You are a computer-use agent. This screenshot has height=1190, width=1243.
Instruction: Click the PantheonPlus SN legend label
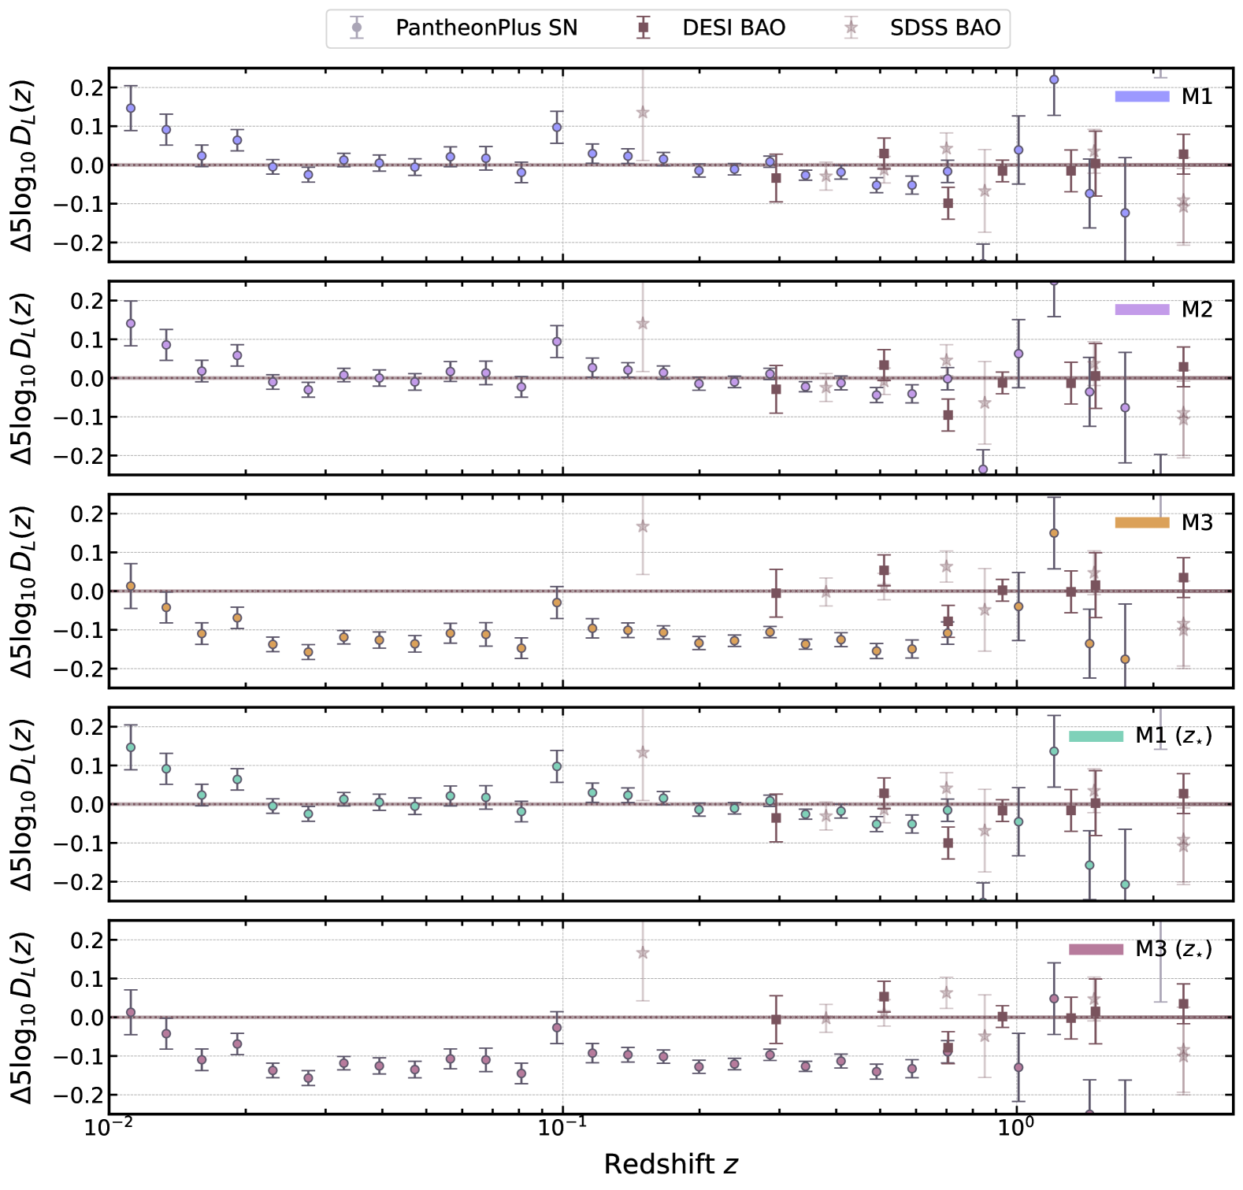tap(486, 28)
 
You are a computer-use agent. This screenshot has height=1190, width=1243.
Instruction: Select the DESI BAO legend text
tap(733, 28)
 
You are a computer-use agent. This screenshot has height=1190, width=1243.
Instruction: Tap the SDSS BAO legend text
tap(944, 28)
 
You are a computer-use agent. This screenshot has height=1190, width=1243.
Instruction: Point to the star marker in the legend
tap(851, 28)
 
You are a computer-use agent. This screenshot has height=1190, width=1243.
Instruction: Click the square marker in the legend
tap(643, 28)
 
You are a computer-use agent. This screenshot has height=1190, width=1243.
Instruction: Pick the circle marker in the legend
tap(356, 28)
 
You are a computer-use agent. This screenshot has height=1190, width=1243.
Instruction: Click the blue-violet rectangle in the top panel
tap(1141, 97)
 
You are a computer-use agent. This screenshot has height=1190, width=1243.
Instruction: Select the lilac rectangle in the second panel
tap(1141, 310)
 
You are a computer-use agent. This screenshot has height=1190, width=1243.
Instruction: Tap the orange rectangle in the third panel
tap(1141, 522)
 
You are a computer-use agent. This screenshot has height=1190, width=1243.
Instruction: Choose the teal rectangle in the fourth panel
tap(1096, 736)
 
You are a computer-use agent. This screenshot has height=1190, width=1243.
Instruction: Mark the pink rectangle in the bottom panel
tap(1096, 949)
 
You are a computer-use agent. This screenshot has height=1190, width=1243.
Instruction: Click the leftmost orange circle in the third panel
tap(131, 586)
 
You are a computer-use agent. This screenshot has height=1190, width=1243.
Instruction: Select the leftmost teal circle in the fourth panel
tap(131, 747)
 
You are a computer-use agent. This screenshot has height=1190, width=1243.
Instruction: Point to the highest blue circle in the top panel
tap(1054, 80)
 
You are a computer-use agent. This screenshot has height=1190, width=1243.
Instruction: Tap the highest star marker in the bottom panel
tap(643, 953)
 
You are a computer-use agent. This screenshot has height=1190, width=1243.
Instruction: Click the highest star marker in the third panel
tap(643, 526)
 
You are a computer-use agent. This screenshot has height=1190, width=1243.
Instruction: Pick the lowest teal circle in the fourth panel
tap(1125, 884)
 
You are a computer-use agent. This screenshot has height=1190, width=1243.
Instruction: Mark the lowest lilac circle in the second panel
tap(983, 469)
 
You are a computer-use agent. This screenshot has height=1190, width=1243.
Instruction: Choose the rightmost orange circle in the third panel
tap(1125, 659)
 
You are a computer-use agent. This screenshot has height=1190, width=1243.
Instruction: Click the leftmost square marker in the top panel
tap(776, 179)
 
